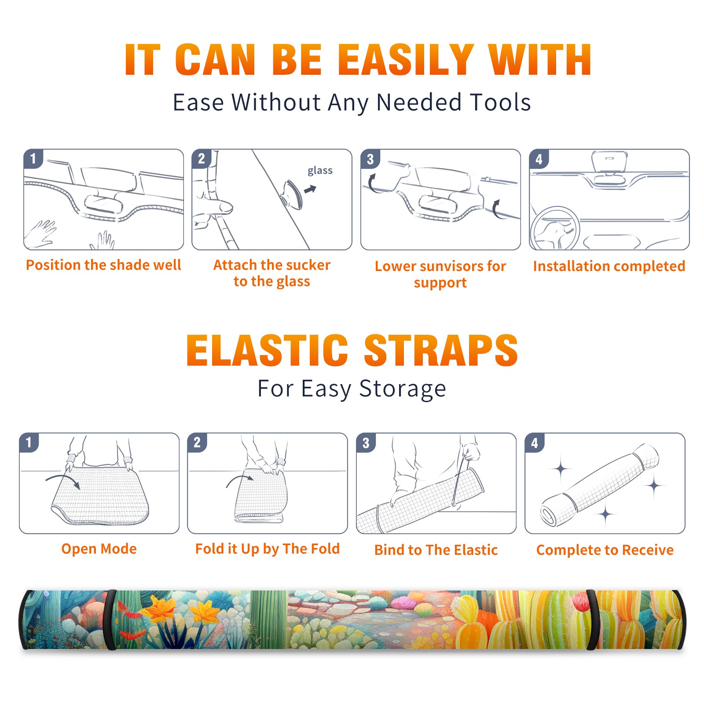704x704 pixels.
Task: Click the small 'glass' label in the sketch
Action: (x=320, y=171)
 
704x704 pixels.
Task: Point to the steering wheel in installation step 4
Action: (x=554, y=229)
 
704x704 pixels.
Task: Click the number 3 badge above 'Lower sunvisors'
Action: (x=370, y=159)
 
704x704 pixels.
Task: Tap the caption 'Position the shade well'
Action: (x=103, y=265)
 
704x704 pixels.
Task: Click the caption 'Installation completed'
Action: (x=609, y=266)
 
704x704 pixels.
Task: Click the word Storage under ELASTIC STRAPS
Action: (x=403, y=389)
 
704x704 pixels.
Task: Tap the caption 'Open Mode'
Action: (x=99, y=549)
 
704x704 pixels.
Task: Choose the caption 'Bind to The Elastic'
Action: (x=436, y=550)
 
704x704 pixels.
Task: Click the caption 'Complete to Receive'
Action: (x=605, y=550)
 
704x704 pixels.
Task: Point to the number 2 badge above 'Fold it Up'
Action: (x=197, y=442)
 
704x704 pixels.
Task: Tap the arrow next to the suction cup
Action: (x=311, y=189)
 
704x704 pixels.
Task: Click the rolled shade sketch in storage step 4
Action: (x=599, y=484)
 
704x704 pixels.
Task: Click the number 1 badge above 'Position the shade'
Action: (x=33, y=158)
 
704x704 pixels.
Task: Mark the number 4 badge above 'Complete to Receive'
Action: (x=535, y=443)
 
